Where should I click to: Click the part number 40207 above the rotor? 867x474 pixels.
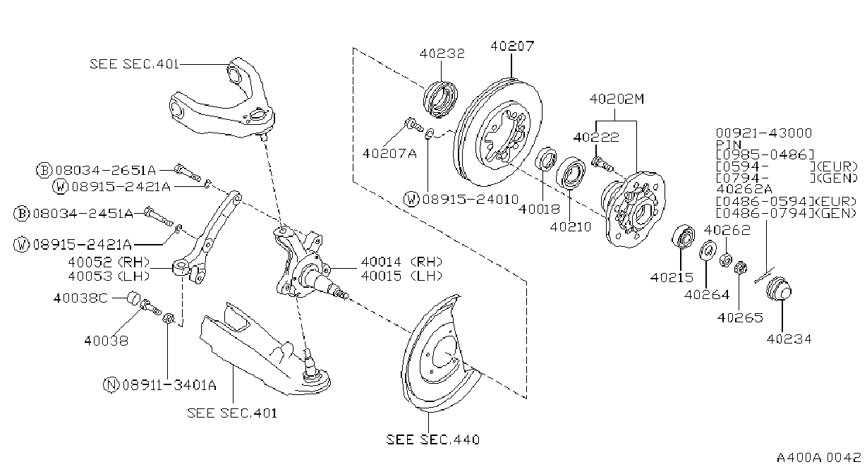512,46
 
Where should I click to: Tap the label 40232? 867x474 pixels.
442,54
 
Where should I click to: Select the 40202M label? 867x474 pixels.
617,99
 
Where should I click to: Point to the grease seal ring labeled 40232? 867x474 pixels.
440,98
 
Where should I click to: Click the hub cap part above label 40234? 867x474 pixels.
779,289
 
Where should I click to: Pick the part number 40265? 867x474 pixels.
739,317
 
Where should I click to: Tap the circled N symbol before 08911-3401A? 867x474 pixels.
111,385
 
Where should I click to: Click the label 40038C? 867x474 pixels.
80,298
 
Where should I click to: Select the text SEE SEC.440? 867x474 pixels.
432,439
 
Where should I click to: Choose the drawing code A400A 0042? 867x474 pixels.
818,458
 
